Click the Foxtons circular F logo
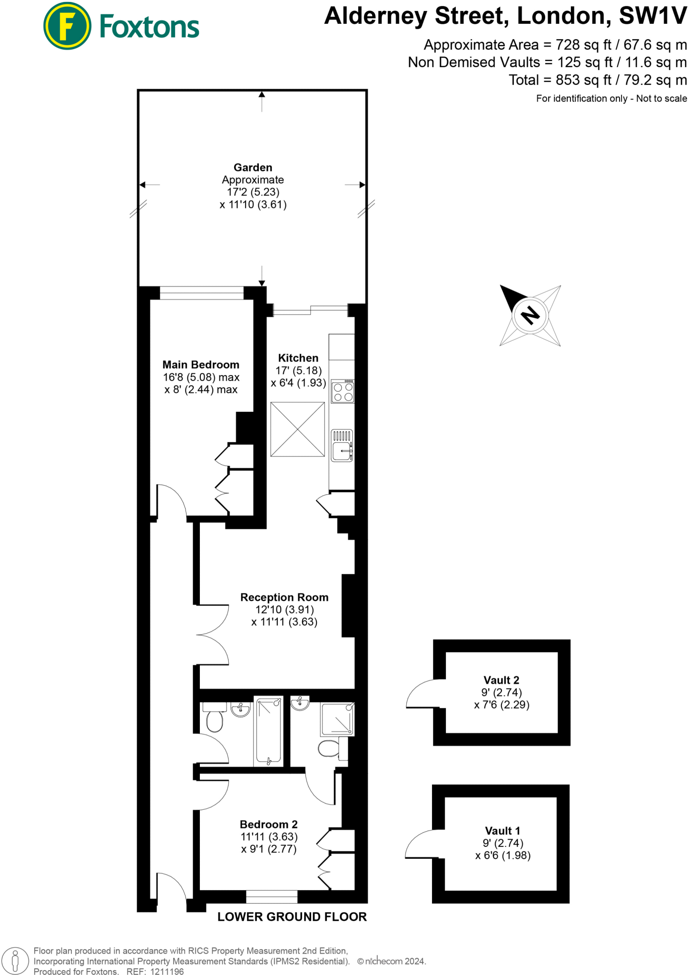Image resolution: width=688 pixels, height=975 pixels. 67,26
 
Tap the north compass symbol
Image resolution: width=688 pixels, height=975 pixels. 530,315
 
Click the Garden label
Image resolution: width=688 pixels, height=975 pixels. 253,168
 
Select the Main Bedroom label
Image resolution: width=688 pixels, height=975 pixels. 201,365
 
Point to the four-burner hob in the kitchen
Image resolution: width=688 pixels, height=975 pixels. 343,391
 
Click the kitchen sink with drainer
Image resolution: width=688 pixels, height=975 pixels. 342,446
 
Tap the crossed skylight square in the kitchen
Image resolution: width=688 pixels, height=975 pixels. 297,429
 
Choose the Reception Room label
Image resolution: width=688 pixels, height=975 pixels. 284,597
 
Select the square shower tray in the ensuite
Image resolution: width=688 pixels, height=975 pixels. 337,719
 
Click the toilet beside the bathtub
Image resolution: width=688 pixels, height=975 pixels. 215,719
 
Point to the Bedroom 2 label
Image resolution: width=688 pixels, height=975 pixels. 268,824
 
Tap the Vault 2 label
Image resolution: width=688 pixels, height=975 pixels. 501,680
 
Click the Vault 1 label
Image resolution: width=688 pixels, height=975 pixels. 502,831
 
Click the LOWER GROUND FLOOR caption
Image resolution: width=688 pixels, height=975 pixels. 292,917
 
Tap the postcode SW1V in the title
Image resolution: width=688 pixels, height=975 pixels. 652,16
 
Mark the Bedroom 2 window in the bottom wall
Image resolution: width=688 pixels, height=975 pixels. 272,897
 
